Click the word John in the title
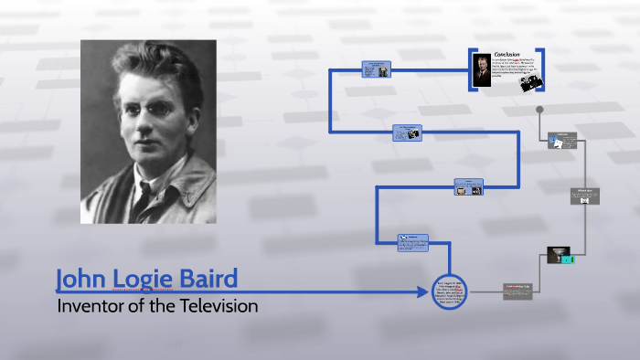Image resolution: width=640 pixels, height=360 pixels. [80, 279]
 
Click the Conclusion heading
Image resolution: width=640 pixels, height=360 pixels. [507, 54]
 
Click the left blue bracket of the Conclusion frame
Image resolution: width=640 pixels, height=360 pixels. [473, 69]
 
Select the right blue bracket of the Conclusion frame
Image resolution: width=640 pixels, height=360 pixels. [541, 69]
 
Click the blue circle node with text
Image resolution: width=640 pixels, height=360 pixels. [448, 291]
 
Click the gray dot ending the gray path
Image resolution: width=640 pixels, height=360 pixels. [540, 110]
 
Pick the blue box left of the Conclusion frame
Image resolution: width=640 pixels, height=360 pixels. [376, 69]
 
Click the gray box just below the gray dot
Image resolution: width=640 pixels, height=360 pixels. [562, 141]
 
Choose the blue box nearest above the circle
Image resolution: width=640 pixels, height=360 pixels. [412, 242]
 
